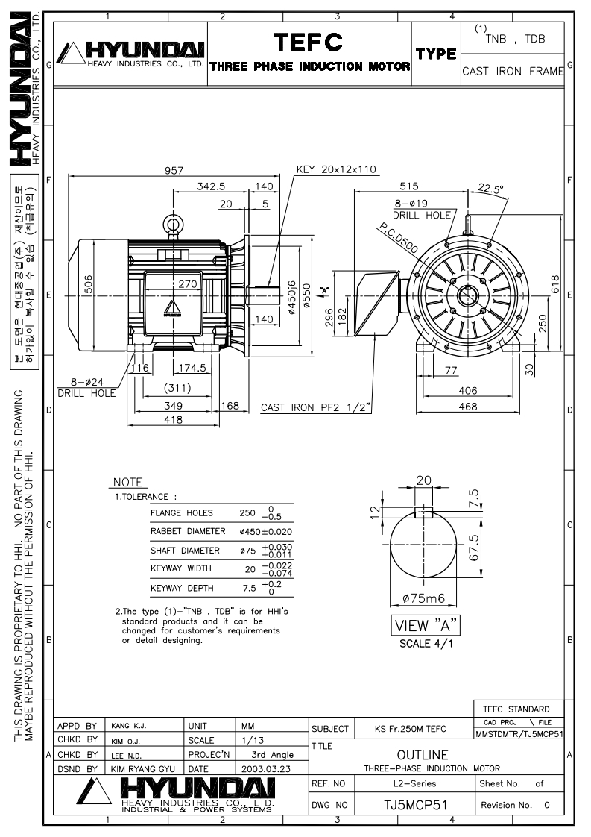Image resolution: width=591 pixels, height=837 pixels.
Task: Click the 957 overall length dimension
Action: click(173, 172)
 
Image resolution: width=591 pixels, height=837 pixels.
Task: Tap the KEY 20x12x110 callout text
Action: click(336, 169)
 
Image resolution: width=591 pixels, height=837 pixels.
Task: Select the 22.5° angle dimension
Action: click(491, 188)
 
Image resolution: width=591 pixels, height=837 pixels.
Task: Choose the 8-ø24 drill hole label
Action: click(86, 388)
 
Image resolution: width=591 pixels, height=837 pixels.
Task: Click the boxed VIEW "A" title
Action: click(427, 624)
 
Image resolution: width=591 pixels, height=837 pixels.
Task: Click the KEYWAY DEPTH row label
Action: click(181, 588)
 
